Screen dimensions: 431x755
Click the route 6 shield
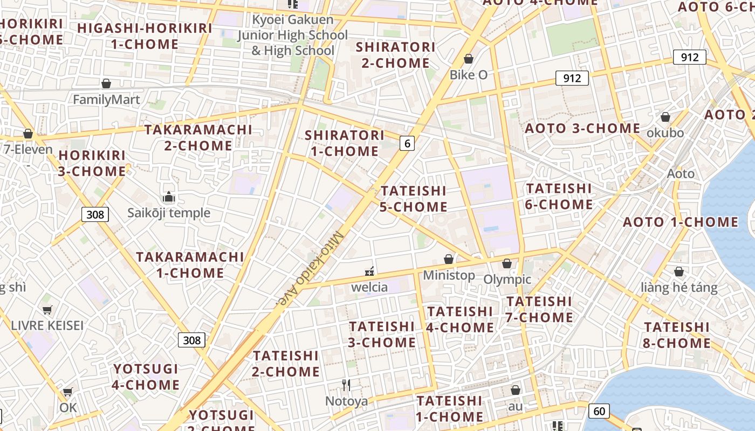pyautogui.click(x=407, y=143)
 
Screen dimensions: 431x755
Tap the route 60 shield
pyautogui.click(x=599, y=411)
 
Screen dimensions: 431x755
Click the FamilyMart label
pyautogui.click(x=106, y=100)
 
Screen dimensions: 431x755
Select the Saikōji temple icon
pyautogui.click(x=169, y=197)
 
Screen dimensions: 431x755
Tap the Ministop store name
pyautogui.click(x=449, y=275)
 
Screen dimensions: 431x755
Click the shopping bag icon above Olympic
pyautogui.click(x=507, y=263)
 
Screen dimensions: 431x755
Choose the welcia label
pyautogui.click(x=369, y=287)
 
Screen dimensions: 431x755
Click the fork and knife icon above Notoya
pyautogui.click(x=346, y=385)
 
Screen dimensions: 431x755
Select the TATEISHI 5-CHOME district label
pyautogui.click(x=414, y=199)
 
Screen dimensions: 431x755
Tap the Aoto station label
pyautogui.click(x=681, y=173)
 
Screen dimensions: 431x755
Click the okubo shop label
pyautogui.click(x=665, y=133)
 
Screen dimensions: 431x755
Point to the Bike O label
pyautogui.click(x=469, y=75)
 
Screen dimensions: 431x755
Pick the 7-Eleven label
pyautogui.click(x=28, y=149)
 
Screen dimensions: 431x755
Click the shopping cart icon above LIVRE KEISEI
pyautogui.click(x=47, y=310)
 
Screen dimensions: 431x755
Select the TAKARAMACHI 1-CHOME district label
pyautogui.click(x=190, y=265)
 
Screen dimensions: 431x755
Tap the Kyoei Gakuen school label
pyautogui.click(x=293, y=35)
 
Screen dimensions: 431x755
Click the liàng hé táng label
pyautogui.click(x=679, y=287)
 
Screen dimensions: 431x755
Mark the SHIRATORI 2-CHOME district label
pyautogui.click(x=395, y=55)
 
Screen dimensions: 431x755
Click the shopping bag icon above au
pyautogui.click(x=516, y=390)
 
